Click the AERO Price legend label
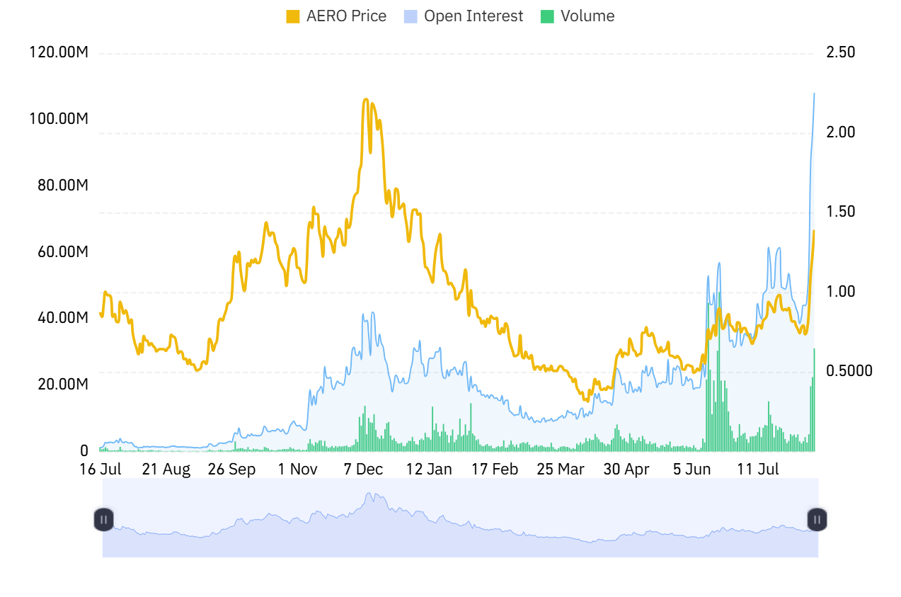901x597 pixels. tap(346, 16)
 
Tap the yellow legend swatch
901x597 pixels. tap(293, 16)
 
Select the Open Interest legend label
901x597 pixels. tap(474, 16)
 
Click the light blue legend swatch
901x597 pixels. tap(411, 16)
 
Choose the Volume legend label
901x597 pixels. tap(587, 16)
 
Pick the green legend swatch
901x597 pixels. tap(547, 16)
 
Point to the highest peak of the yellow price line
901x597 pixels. tap(365, 99)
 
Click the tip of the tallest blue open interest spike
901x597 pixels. tap(814, 93)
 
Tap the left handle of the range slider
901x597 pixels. tap(103, 519)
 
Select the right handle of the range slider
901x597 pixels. tap(817, 519)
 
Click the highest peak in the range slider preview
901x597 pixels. tap(368, 493)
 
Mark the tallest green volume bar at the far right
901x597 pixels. tap(814, 350)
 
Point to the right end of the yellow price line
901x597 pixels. tap(814, 231)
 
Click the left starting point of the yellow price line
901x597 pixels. tap(100, 312)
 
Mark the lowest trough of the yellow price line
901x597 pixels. tap(587, 401)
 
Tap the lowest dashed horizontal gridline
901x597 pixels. tap(456, 373)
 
